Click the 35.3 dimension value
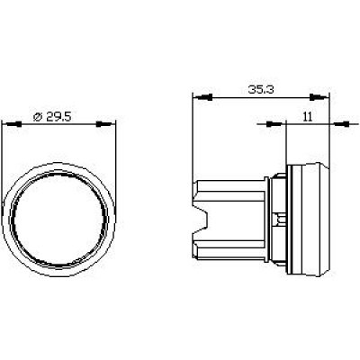point(261,89)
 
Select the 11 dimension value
point(308,116)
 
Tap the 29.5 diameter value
point(58,117)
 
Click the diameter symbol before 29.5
point(38,117)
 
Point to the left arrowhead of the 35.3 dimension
point(202,97)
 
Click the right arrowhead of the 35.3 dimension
point(319,97)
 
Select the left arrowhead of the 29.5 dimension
point(12,124)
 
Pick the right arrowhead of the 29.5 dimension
point(105,124)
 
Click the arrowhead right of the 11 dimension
point(340,123)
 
